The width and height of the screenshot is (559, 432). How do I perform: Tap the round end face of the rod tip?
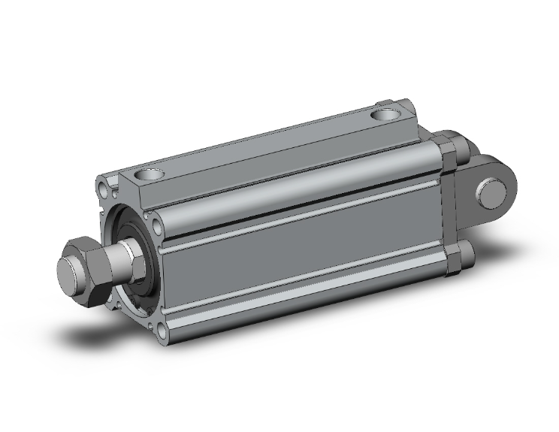pos(69,269)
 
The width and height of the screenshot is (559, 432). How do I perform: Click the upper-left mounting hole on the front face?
pos(103,184)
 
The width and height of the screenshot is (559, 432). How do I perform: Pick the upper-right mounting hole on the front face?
pos(155,224)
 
